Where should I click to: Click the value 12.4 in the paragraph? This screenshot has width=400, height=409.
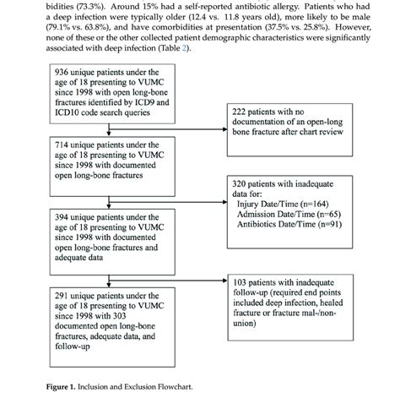[210, 17]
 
